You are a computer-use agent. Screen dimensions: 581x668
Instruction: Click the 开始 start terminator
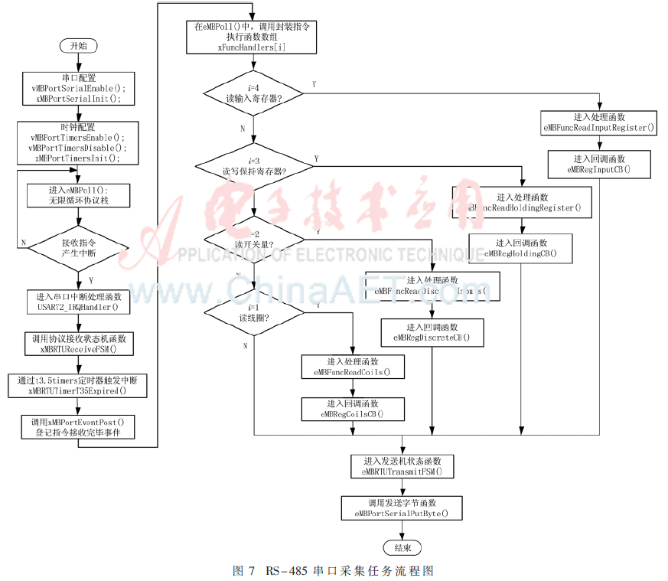coord(79,46)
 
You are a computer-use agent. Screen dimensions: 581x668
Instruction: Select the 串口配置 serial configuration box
coord(79,88)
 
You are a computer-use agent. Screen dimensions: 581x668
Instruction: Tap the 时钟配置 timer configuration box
coord(79,142)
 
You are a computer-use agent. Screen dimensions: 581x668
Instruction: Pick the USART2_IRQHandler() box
coord(79,301)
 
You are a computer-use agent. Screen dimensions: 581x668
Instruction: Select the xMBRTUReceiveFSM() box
coord(79,343)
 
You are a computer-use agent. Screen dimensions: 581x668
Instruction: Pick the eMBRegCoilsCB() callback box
coord(353,409)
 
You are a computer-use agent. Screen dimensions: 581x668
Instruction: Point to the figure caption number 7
coord(251,571)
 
